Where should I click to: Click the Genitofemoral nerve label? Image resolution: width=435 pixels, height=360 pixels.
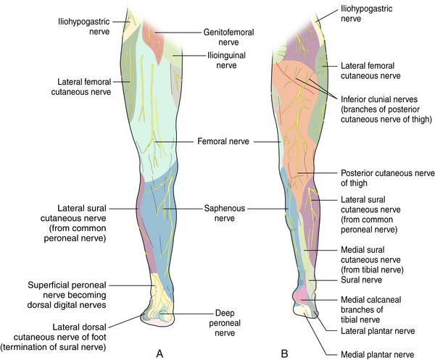coord(228,37)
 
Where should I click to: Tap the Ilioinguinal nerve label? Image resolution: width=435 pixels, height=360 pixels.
coord(227,60)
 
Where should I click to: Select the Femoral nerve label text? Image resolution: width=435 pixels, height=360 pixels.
coord(223,141)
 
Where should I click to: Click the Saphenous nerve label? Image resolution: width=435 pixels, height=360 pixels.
coord(225,213)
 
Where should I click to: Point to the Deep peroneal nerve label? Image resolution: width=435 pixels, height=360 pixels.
coord(225,323)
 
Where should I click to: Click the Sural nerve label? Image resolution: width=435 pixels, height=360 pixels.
coord(361,280)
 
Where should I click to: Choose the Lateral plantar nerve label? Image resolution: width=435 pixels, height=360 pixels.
coord(378,331)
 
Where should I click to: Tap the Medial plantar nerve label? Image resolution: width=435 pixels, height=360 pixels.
coord(377,354)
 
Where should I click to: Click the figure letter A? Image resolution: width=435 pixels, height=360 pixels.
coord(159,353)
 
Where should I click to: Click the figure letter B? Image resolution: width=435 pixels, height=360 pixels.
coord(284,353)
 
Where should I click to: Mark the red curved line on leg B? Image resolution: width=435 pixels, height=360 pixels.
coord(294,79)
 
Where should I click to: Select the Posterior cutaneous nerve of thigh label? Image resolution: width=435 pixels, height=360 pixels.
coord(388,178)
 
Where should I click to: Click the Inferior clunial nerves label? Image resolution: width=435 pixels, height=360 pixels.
coord(386,109)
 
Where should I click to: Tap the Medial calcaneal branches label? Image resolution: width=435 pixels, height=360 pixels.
coord(371,309)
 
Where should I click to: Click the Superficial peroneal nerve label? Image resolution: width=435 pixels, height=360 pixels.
coord(67,295)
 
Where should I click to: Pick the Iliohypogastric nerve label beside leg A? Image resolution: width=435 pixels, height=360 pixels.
coord(84,26)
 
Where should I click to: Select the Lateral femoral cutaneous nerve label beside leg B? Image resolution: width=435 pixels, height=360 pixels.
coord(370,71)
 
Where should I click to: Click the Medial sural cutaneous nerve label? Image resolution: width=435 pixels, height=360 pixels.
coord(372,259)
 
